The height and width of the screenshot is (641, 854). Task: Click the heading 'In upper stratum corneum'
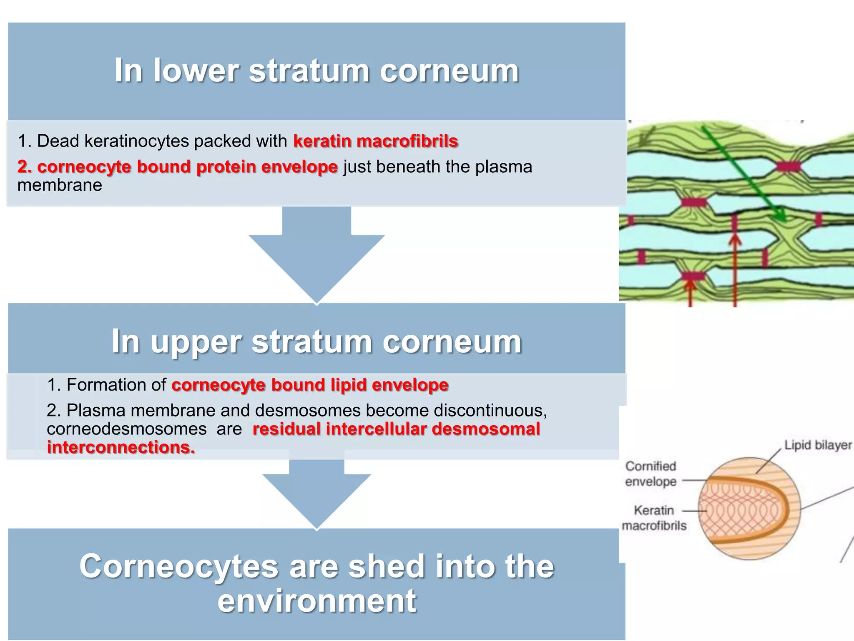click(x=316, y=341)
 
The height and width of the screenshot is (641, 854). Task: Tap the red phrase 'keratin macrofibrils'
click(x=375, y=141)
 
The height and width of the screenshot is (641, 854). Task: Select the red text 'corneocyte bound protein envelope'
click(x=178, y=167)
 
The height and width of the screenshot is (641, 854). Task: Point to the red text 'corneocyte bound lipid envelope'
click(x=310, y=385)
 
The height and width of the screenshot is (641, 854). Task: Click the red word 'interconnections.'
click(x=121, y=447)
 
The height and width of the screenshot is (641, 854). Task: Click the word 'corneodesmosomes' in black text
click(x=126, y=429)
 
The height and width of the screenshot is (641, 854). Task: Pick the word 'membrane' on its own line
click(x=60, y=185)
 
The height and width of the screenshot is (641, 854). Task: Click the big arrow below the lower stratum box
click(x=316, y=255)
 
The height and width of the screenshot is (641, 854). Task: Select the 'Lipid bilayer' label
click(x=818, y=445)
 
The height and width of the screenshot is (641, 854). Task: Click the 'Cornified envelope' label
click(x=651, y=474)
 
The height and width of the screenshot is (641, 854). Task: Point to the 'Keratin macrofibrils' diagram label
click(x=653, y=518)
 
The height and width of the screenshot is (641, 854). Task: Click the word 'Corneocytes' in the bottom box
click(x=178, y=566)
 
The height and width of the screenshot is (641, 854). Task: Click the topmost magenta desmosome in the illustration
click(x=788, y=167)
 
